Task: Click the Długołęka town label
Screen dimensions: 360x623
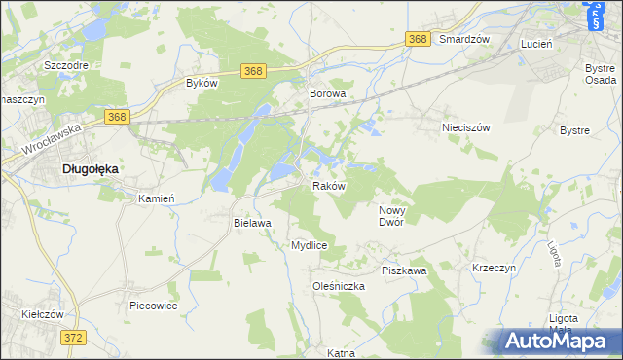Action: tap(91, 168)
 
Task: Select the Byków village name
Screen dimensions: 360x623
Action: tap(201, 84)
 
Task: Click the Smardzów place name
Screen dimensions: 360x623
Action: tap(462, 40)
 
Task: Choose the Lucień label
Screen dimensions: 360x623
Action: tap(536, 45)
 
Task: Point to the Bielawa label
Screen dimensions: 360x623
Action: tap(251, 223)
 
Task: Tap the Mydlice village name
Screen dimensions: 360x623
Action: tap(309, 246)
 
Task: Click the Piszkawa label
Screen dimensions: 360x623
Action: tap(404, 270)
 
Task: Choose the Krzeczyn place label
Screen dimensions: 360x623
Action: tap(494, 267)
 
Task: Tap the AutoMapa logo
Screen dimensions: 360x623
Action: tap(562, 341)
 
